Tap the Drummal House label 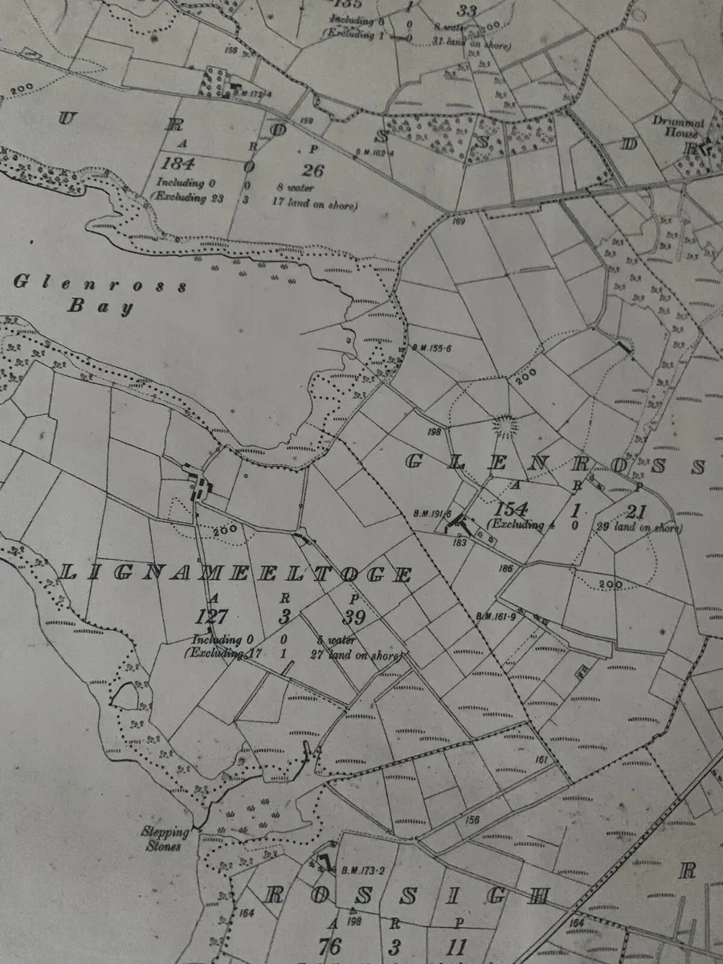pos(677,128)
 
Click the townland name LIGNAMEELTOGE pos(236,574)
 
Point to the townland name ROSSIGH pos(406,896)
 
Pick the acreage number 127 pos(212,617)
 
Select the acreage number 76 pos(330,946)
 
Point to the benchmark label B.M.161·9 pos(495,617)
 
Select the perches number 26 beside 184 pos(313,170)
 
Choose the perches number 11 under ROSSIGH pos(457,946)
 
